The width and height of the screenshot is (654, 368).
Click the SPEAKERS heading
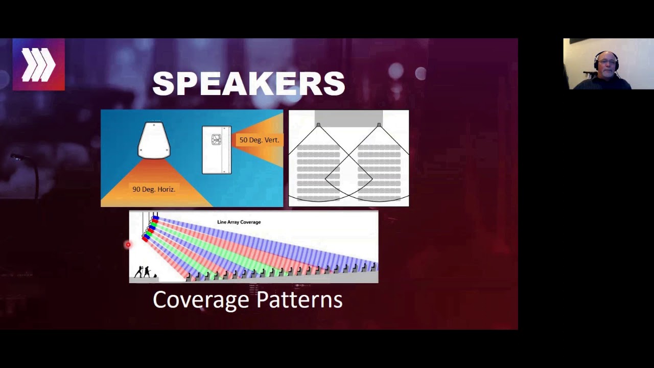249,84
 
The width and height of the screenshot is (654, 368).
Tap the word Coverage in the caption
201,300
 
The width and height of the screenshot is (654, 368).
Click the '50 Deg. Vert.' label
259,140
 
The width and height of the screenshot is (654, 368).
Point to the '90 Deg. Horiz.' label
153,189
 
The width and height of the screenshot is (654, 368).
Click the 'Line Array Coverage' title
239,222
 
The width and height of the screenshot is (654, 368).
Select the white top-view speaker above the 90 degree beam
154,140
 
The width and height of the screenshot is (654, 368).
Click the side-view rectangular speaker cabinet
217,150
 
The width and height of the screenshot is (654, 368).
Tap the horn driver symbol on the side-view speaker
216,140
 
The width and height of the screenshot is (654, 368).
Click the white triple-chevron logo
38,65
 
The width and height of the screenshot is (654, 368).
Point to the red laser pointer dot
128,245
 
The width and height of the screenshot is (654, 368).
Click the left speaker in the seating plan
318,125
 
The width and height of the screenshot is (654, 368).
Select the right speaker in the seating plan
379,125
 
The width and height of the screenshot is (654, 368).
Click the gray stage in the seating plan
348,118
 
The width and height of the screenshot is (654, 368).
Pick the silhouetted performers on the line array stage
143,272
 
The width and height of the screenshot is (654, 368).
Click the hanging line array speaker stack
150,228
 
